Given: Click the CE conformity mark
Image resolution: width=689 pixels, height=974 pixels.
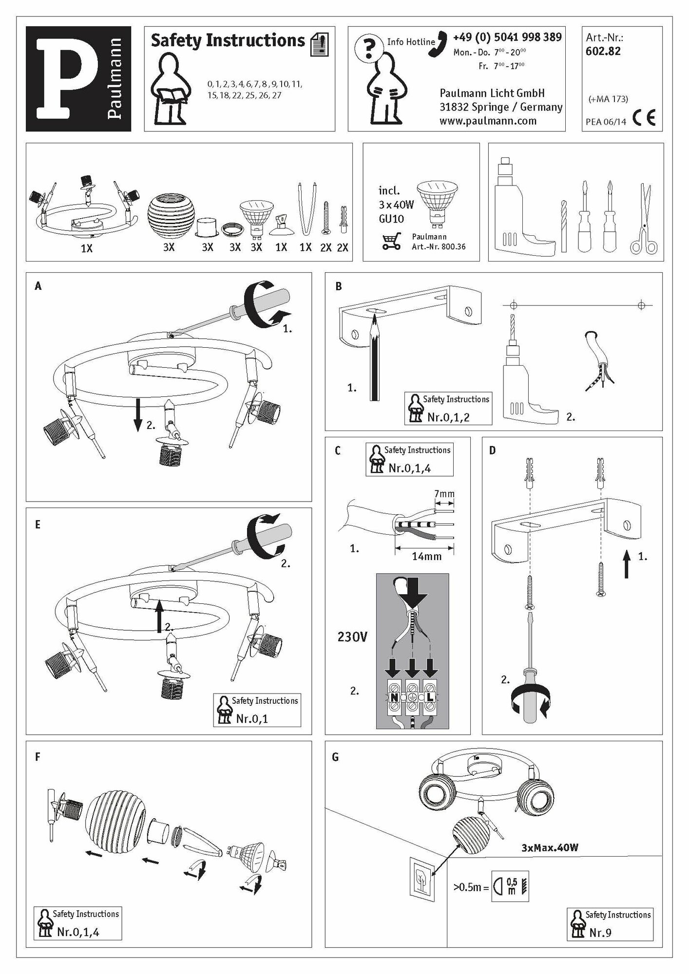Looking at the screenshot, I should click(644, 118).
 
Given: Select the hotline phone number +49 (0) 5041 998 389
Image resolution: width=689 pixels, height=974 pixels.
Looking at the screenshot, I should click(507, 37).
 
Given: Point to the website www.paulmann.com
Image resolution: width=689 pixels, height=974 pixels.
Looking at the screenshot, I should click(488, 121).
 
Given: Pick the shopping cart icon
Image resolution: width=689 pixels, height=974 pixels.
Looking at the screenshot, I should click(392, 241).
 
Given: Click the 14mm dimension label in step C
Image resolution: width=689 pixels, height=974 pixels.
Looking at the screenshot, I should click(427, 556).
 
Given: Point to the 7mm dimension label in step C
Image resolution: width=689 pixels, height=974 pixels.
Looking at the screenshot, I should click(444, 494).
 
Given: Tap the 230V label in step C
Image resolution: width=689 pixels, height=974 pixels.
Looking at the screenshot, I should click(352, 637).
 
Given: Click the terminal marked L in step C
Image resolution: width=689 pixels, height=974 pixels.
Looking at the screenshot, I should click(430, 697).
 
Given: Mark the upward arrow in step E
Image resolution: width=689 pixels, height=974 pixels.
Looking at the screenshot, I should click(159, 616).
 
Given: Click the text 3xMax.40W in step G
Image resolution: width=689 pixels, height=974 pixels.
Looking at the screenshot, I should click(550, 848).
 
